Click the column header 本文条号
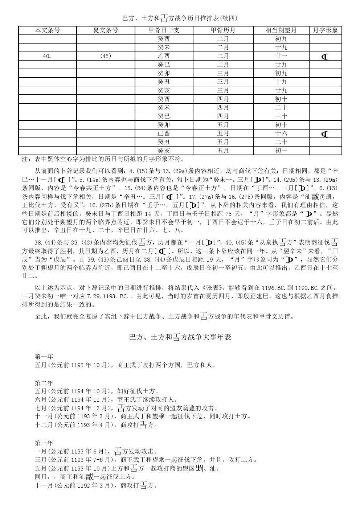(x=48, y=30)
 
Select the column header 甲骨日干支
(x=164, y=30)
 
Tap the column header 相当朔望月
(x=281, y=30)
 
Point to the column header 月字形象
(x=325, y=30)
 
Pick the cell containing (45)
(x=105, y=56)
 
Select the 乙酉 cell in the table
(x=164, y=56)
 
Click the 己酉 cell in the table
(x=164, y=134)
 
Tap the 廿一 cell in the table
(x=281, y=56)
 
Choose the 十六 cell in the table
(x=281, y=134)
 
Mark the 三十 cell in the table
(x=281, y=116)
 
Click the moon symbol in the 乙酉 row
(x=325, y=57)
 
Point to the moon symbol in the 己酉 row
(x=325, y=134)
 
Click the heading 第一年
(x=44, y=356)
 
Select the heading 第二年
(x=44, y=383)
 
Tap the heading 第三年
(x=44, y=443)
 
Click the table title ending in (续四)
(x=180, y=18)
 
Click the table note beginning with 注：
(x=103, y=159)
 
